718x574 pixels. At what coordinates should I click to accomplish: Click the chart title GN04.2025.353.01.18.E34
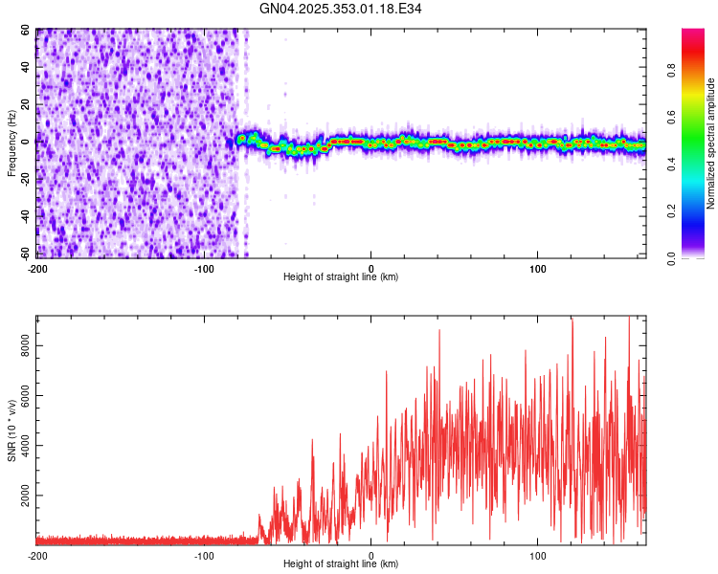pos(341,9)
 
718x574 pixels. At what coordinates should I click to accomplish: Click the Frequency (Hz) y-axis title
pos(12,143)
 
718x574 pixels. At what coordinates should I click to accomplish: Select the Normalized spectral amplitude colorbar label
pos(711,143)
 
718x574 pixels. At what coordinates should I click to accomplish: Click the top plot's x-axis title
pos(341,276)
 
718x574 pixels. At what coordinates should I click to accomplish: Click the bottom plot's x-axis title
pos(341,563)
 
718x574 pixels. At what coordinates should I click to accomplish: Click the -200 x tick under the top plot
pos(37,267)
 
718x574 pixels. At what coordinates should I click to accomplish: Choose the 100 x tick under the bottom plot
pos(538,554)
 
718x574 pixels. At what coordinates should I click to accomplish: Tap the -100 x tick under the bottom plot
pos(204,554)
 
